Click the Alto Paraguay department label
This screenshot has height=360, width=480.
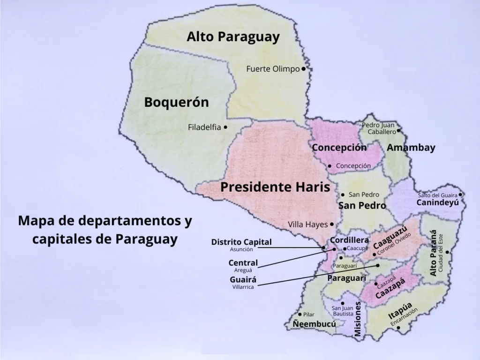[x=233, y=37]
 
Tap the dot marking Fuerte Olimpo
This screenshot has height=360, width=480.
[x=303, y=69]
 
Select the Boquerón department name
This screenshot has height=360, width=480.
[x=176, y=103]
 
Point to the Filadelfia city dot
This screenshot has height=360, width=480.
[x=225, y=127]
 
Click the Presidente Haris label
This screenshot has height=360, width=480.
[x=275, y=187]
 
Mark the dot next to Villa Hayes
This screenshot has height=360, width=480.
[x=332, y=225]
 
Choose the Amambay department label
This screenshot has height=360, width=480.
[x=411, y=148]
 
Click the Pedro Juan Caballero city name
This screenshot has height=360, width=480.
[x=379, y=128]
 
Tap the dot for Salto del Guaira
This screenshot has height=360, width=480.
[x=461, y=195]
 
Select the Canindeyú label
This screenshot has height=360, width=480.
[x=437, y=203]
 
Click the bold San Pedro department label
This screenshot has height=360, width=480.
[x=362, y=205]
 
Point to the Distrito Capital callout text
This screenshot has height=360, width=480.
[x=241, y=242]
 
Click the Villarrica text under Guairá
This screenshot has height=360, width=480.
[x=243, y=287]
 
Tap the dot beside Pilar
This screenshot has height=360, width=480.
[x=300, y=315]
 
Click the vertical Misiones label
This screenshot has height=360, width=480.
[x=358, y=319]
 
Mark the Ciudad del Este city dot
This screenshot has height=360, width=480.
[x=449, y=252]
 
